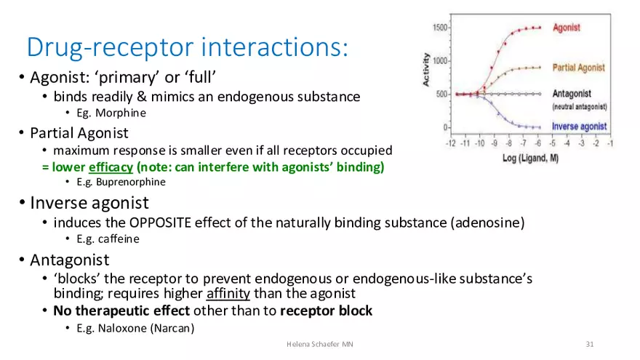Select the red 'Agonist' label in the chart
(x=566, y=28)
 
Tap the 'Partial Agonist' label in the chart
(x=578, y=68)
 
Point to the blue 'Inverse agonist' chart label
(x=579, y=127)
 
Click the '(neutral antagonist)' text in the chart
(x=579, y=107)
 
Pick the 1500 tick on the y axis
(x=440, y=28)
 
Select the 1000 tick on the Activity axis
(x=440, y=61)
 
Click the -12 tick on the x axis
(x=451, y=144)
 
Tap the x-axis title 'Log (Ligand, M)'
(x=530, y=158)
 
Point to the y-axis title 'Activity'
(x=427, y=69)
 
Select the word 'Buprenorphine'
(x=124, y=183)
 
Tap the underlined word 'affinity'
(x=228, y=294)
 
